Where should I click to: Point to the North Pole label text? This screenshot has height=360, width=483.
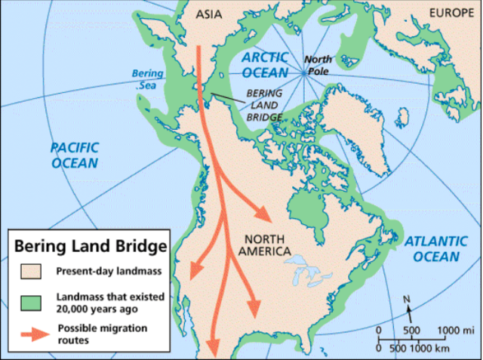pos(322,66)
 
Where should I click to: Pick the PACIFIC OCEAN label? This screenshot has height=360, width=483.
pos(74,155)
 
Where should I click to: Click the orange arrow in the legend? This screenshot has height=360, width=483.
pos(32,333)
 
